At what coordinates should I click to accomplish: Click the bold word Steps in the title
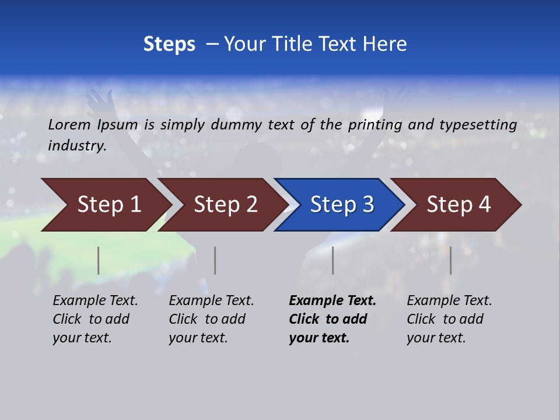[169, 44]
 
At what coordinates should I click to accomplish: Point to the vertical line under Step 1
[99, 260]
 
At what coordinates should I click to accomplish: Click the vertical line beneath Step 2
[215, 260]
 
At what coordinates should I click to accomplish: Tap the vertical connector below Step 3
[333, 260]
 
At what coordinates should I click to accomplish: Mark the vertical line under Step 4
[450, 260]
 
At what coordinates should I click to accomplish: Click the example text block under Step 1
[95, 319]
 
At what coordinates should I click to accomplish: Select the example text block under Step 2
[211, 319]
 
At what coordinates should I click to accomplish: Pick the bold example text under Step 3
[332, 319]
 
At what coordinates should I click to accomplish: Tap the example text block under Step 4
[449, 319]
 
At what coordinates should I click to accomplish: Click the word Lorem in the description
[69, 124]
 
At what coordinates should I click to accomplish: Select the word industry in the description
[76, 146]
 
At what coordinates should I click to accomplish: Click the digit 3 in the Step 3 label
[367, 205]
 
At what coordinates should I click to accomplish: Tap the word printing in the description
[375, 125]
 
